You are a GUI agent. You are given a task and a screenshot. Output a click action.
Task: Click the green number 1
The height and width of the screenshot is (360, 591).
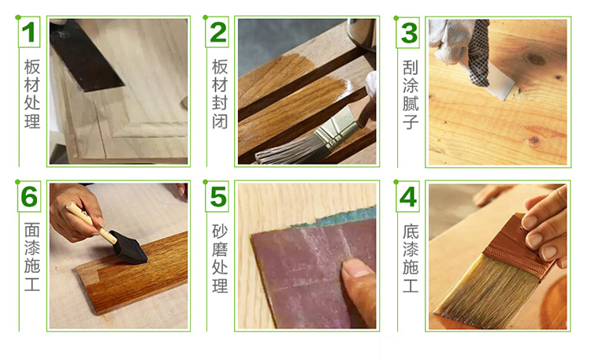click(28, 32)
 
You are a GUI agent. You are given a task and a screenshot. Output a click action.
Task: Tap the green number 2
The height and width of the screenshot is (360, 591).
click(217, 32)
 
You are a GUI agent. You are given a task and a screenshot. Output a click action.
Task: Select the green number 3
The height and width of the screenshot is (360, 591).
click(408, 33)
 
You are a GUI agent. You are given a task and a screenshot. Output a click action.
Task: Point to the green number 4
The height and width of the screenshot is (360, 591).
click(408, 197)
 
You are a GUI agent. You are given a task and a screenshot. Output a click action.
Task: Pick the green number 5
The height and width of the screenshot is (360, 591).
click(217, 197)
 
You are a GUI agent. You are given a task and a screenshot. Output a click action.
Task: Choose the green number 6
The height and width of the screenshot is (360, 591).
click(29, 196)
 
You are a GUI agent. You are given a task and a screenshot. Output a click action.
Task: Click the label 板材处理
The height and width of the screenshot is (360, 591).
click(32, 94)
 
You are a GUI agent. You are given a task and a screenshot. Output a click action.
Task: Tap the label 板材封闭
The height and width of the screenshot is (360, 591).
click(220, 94)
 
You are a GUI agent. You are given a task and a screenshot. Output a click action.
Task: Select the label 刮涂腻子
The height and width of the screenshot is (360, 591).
click(411, 95)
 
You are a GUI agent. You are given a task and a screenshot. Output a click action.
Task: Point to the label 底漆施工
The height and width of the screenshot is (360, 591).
click(411, 258)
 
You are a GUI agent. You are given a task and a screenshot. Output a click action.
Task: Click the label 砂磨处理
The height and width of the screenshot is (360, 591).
click(220, 258)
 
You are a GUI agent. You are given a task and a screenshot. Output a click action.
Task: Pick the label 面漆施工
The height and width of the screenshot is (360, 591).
click(32, 258)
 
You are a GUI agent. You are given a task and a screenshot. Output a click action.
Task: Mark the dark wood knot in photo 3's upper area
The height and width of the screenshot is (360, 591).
click(535, 59)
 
